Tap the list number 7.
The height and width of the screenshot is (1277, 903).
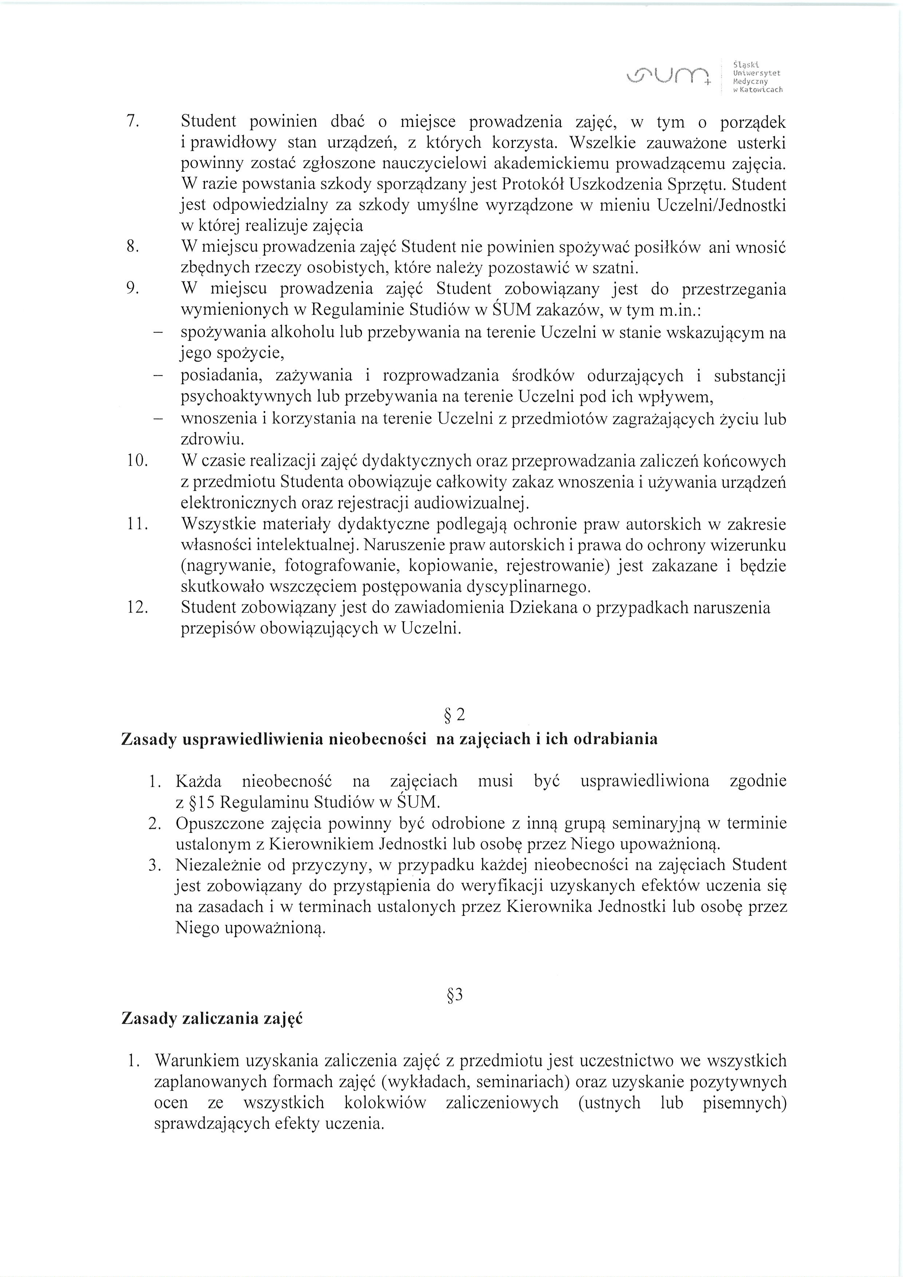tap(131, 122)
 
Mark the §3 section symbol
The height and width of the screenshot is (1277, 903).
tap(455, 994)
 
